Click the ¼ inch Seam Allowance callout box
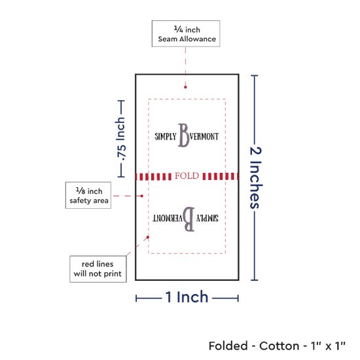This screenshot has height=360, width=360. point(186,34)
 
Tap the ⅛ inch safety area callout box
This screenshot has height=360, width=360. point(88,196)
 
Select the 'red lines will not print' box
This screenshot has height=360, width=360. point(98,269)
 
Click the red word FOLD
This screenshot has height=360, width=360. point(187,176)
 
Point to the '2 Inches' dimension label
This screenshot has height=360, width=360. point(255,177)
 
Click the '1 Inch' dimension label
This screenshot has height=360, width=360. point(187,297)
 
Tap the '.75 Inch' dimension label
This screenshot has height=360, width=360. point(121,139)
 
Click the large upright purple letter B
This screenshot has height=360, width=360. point(184,135)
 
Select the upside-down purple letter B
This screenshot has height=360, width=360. point(189,219)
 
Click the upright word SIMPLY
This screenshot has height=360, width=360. point(166,137)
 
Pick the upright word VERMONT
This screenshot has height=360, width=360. point(204,137)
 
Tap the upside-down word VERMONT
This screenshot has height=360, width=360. point(168,218)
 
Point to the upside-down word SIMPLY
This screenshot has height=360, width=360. point(207,218)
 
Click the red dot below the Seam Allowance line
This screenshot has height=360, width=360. point(185,87)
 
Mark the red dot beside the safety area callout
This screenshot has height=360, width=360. point(142,196)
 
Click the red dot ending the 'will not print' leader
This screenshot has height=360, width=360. point(148,237)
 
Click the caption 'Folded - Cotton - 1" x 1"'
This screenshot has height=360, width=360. point(277,346)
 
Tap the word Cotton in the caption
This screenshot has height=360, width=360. point(279,346)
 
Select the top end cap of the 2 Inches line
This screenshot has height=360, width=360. point(255,75)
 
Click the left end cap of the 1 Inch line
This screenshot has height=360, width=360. point(136,298)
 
